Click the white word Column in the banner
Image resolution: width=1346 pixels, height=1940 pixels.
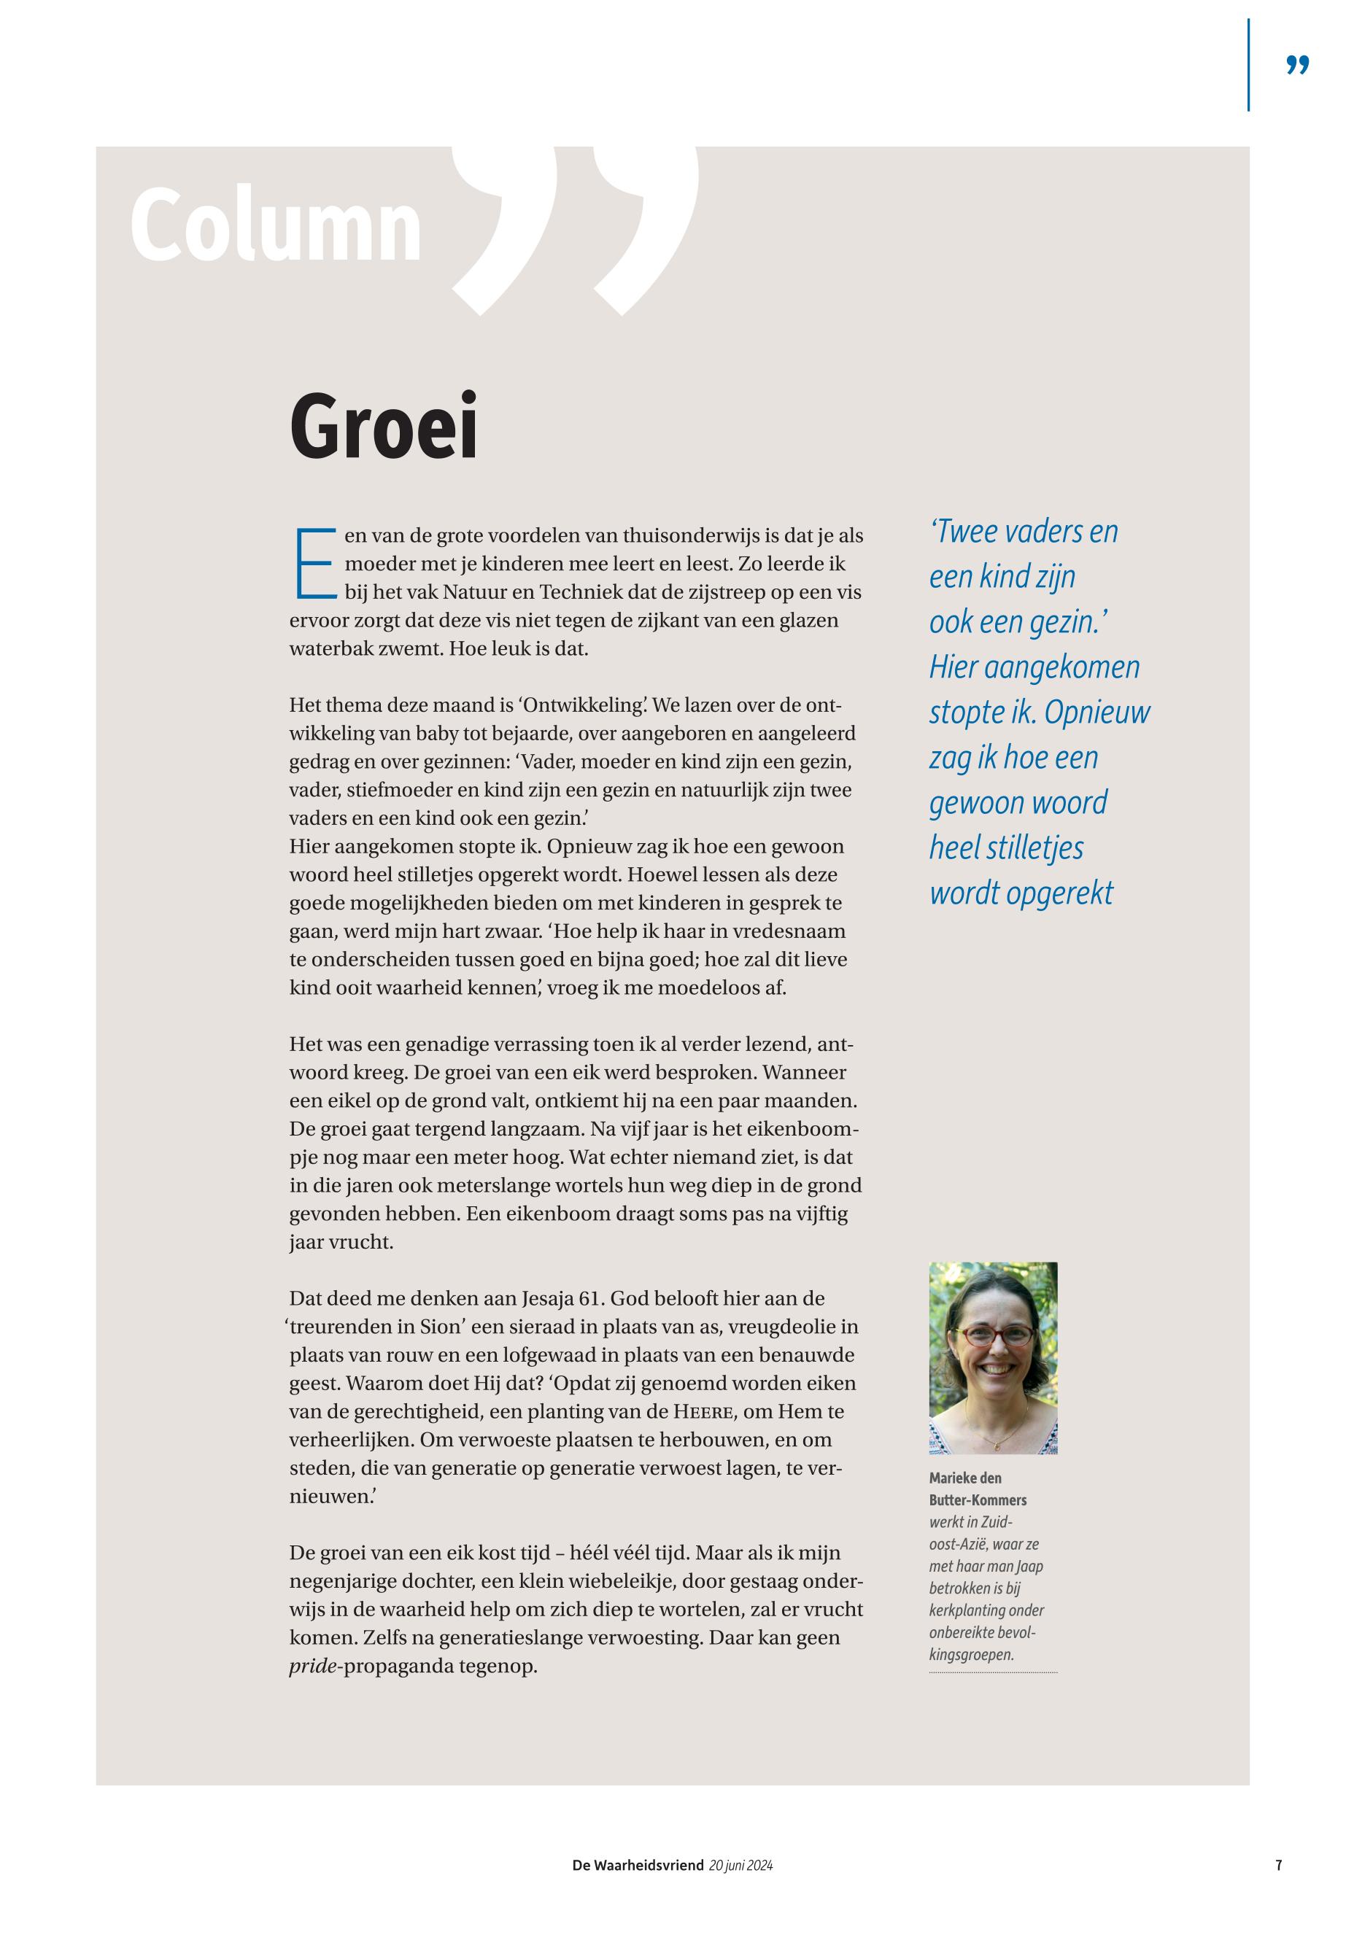click(276, 226)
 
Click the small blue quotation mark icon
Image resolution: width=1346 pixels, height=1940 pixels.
click(1297, 66)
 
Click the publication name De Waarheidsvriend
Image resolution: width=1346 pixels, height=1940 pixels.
click(638, 1866)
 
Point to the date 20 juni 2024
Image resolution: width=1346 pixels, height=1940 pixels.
click(741, 1866)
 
